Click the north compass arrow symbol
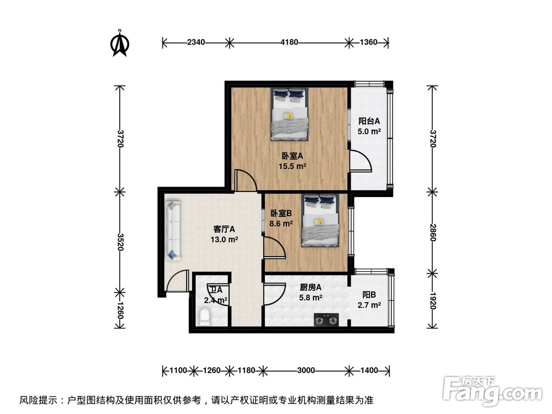(x=120, y=43)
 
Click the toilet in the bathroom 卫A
(x=204, y=319)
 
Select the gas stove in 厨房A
(x=326, y=319)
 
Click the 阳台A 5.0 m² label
(x=369, y=126)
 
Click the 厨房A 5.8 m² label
(x=311, y=292)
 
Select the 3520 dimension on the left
(x=120, y=241)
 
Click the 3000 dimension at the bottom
(x=306, y=370)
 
